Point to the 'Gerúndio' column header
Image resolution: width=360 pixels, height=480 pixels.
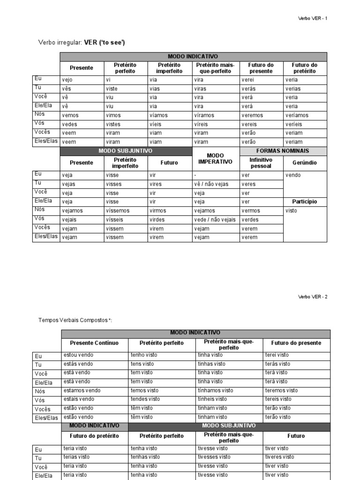305,163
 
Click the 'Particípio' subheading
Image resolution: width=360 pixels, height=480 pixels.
305,202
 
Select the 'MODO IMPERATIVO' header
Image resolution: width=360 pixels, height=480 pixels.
216,158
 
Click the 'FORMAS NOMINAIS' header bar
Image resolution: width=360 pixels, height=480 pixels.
283,151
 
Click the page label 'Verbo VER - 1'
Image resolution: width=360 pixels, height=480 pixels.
313,19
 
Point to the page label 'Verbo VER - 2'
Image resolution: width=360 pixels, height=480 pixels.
313,297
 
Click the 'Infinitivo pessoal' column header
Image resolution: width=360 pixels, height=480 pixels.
261,163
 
